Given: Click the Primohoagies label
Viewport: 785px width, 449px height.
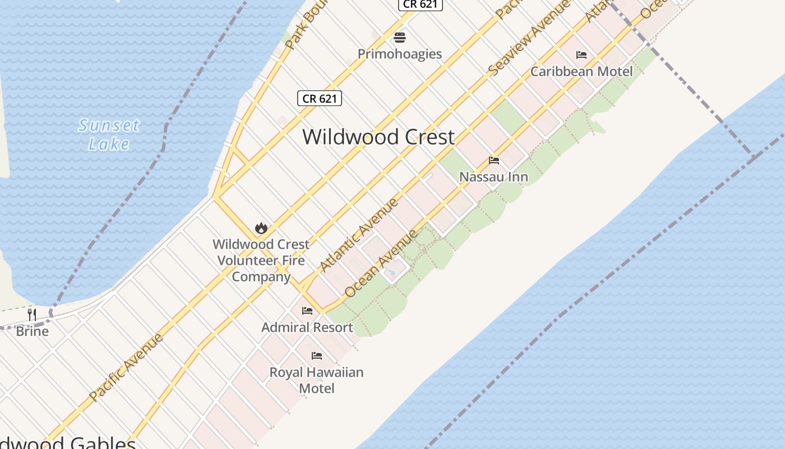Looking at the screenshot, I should point(400,54).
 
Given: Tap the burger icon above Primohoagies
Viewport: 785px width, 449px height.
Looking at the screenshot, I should point(400,38).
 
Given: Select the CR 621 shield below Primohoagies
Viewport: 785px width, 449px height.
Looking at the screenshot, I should point(320,99).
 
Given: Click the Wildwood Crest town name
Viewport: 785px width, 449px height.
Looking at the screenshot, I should point(378,137).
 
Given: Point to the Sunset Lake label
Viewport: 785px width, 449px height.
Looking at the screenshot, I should point(109,135).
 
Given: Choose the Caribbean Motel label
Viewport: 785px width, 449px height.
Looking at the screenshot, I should point(581,71).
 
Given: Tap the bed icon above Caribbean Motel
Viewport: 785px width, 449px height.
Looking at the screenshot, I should point(581,55).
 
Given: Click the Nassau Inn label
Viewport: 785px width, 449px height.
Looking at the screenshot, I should point(493,177).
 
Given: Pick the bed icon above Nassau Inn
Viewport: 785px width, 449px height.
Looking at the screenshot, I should point(494,161).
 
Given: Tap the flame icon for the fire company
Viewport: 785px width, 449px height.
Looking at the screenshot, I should point(261,228).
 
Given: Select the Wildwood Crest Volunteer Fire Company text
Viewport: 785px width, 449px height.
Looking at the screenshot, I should point(261,260).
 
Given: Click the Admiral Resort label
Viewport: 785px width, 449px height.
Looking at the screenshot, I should point(307,327).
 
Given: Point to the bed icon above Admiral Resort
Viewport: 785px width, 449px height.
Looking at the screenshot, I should point(307,310).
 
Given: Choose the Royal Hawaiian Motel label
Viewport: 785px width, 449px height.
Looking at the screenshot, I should point(317,380).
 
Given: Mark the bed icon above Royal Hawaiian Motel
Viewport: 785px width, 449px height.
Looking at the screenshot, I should point(317,355).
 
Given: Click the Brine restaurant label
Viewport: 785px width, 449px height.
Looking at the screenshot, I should point(32,331).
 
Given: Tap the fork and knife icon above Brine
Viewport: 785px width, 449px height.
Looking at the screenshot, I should point(32,315).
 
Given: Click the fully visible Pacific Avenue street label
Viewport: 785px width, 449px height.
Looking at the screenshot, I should point(126,367).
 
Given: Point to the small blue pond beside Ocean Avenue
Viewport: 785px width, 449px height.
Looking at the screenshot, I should point(391,272).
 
